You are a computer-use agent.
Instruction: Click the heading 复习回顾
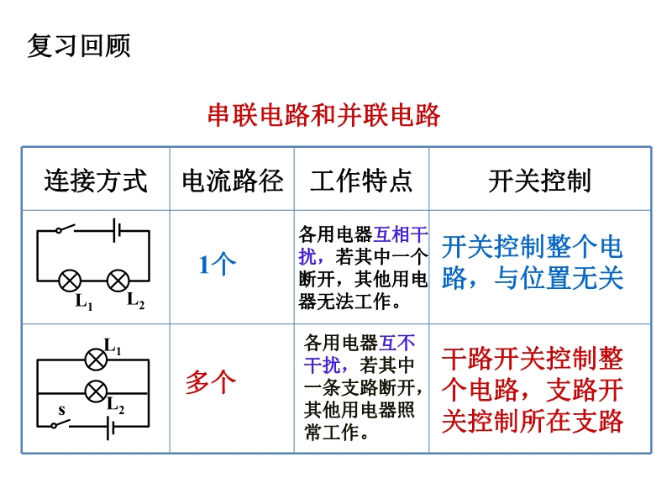(79, 45)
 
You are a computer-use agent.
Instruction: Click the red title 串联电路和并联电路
(324, 115)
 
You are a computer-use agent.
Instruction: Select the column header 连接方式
(96, 181)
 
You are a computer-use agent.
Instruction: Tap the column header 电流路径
(233, 181)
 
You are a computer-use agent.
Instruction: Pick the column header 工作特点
(361, 181)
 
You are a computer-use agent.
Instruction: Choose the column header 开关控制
(540, 181)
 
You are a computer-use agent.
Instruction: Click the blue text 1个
(218, 264)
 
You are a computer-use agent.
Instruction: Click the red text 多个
(211, 381)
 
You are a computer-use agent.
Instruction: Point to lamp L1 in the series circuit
(70, 281)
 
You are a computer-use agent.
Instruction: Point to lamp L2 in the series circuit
(118, 281)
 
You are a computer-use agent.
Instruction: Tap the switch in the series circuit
(66, 228)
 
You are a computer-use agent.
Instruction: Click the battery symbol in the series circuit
(117, 230)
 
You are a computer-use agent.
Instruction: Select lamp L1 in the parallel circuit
(96, 360)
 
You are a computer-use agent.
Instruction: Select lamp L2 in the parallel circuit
(96, 391)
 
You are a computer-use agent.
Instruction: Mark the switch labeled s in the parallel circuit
(60, 423)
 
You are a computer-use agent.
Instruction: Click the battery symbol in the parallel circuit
(110, 428)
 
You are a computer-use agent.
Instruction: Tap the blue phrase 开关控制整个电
(533, 247)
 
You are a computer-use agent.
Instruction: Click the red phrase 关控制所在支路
(533, 421)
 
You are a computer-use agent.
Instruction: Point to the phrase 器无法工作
(345, 302)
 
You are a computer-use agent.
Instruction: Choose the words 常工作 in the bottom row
(332, 432)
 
